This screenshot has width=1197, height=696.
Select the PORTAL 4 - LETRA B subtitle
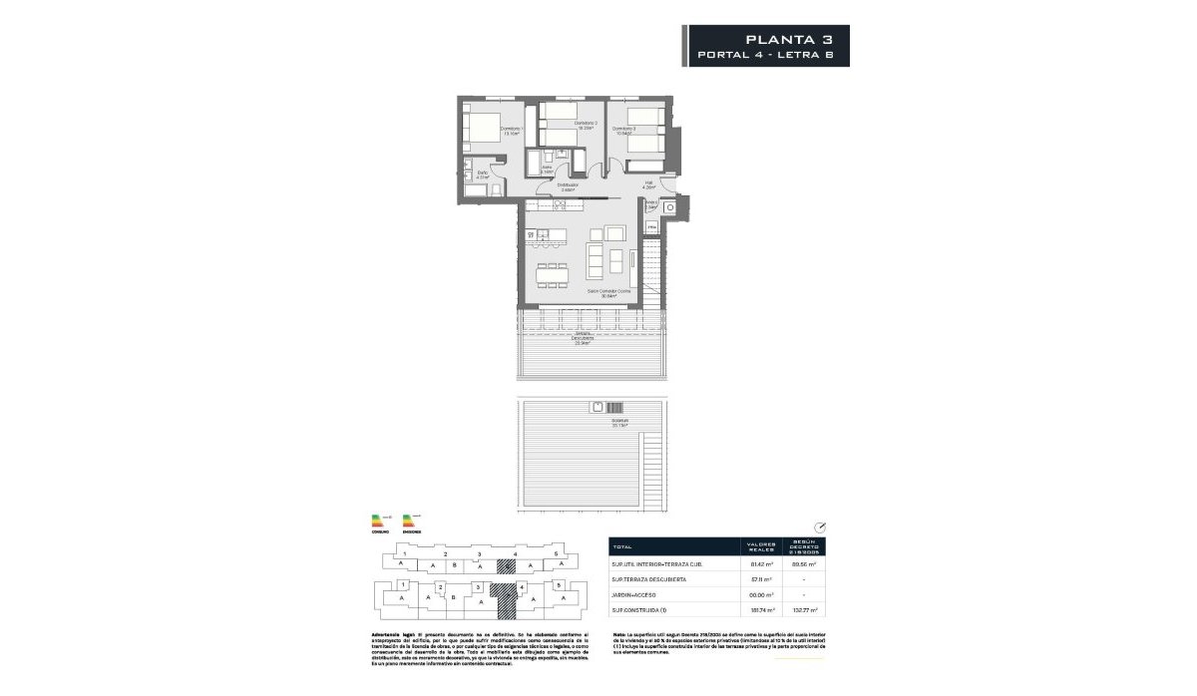(x=768, y=56)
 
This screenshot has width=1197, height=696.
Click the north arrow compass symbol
(x=820, y=527)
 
